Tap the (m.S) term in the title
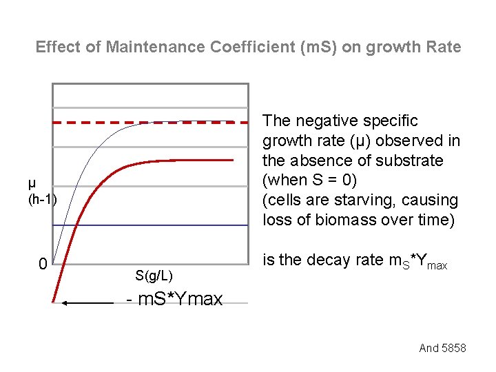[x=289, y=48]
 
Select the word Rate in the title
[x=445, y=48]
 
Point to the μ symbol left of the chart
[x=32, y=183]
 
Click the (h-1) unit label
[x=42, y=200]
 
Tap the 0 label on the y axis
[x=42, y=265]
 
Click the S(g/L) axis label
[x=154, y=276]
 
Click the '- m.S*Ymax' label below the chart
[x=175, y=300]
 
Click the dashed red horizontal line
[x=96, y=122]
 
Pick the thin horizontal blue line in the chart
[x=172, y=225]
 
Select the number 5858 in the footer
[x=453, y=348]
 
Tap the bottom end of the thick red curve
[x=54, y=300]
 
